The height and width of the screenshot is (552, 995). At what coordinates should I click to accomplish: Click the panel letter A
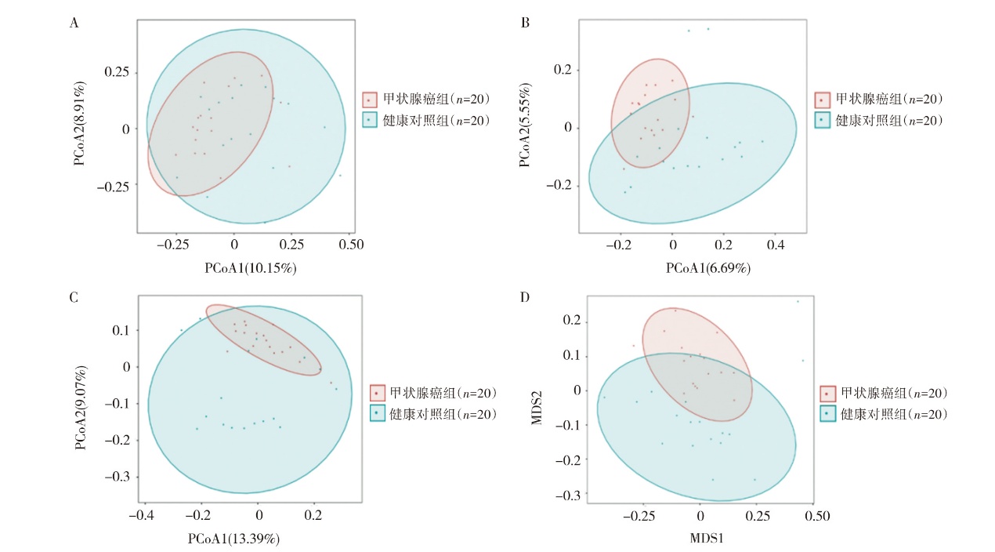pyautogui.click(x=74, y=23)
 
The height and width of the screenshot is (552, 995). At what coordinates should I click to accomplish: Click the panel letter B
pyautogui.click(x=526, y=23)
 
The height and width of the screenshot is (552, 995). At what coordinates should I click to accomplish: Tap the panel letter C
pyautogui.click(x=74, y=298)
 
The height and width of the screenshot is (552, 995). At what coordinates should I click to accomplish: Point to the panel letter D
pyautogui.click(x=526, y=298)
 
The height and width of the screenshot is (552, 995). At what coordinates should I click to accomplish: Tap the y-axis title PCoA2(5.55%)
pyautogui.click(x=526, y=126)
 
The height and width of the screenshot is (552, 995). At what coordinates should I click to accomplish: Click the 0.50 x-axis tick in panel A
pyautogui.click(x=351, y=245)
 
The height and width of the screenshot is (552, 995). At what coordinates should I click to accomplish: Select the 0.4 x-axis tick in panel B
pyautogui.click(x=775, y=245)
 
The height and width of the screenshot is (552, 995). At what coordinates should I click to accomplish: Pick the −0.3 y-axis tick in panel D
pyautogui.click(x=565, y=495)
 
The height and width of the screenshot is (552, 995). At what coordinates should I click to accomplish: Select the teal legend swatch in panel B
pyautogui.click(x=822, y=120)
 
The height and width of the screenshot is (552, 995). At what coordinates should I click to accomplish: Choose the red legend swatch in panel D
pyautogui.click(x=829, y=394)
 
